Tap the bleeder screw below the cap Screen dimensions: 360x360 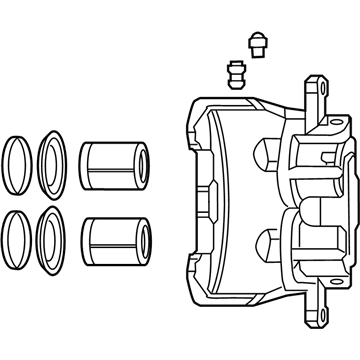pos(237,75)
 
